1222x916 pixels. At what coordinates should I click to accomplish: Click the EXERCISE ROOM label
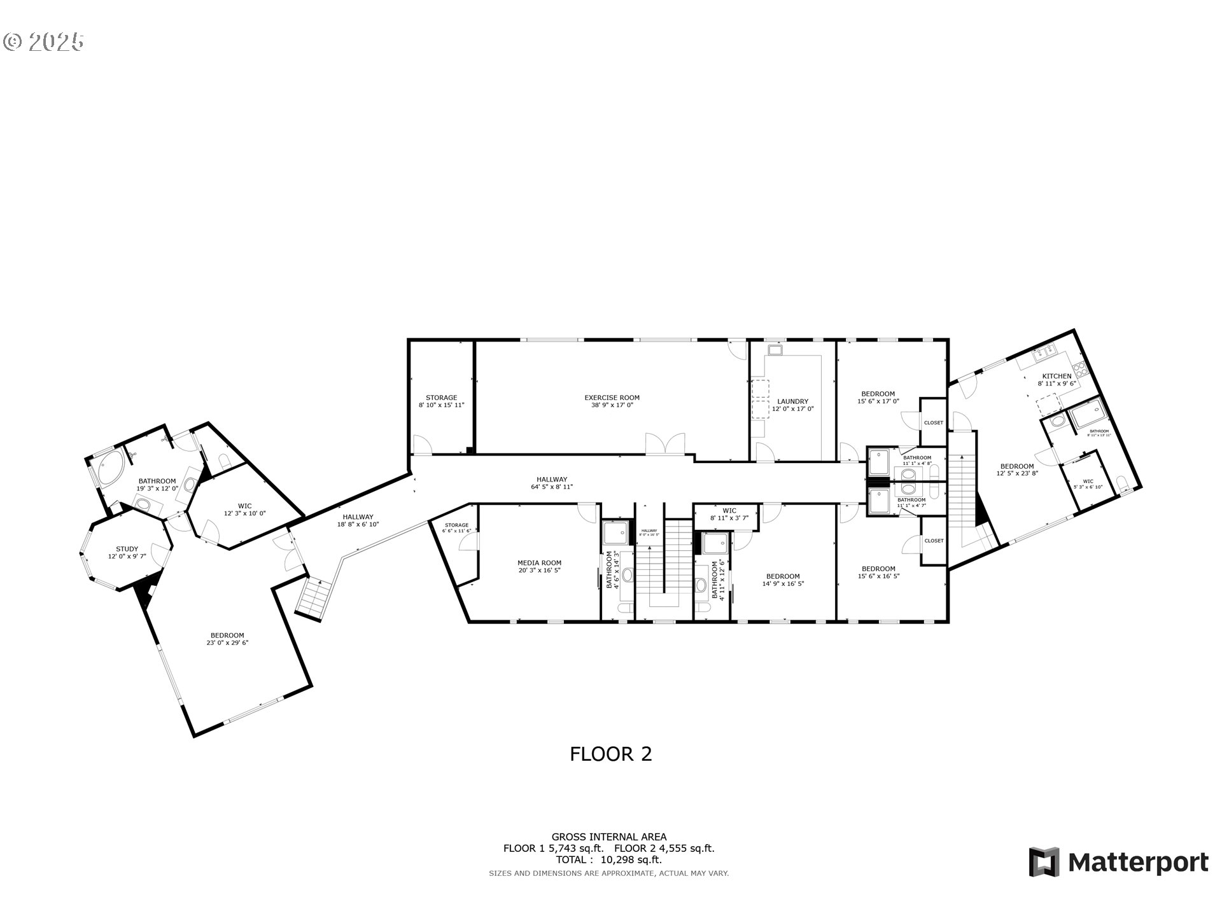(612, 401)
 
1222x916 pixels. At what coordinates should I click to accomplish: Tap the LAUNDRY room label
(792, 405)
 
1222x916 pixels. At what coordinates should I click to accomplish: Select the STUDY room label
(127, 552)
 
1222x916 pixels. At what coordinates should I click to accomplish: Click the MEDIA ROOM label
(539, 566)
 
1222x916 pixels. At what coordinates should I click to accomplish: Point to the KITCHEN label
(1057, 380)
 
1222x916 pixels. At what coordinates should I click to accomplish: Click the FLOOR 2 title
(610, 754)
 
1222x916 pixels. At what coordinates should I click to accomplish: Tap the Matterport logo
(1118, 863)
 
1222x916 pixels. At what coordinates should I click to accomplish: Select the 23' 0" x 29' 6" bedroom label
(227, 639)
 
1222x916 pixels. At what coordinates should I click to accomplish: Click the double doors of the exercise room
(665, 444)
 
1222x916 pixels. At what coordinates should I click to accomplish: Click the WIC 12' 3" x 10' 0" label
(244, 510)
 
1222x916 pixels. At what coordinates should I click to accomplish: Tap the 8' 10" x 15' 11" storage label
(441, 401)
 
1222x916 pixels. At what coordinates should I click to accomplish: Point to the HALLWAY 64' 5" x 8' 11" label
(551, 483)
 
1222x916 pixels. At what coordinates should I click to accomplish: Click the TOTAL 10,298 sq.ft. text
(608, 860)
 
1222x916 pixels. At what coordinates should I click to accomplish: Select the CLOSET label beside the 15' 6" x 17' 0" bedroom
(933, 423)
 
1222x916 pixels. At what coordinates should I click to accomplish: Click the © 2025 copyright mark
(43, 42)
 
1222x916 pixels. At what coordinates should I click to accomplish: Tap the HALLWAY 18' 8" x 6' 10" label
(358, 520)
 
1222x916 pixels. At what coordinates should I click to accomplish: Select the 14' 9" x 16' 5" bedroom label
(783, 579)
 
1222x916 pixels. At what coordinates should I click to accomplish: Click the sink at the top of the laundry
(775, 350)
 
